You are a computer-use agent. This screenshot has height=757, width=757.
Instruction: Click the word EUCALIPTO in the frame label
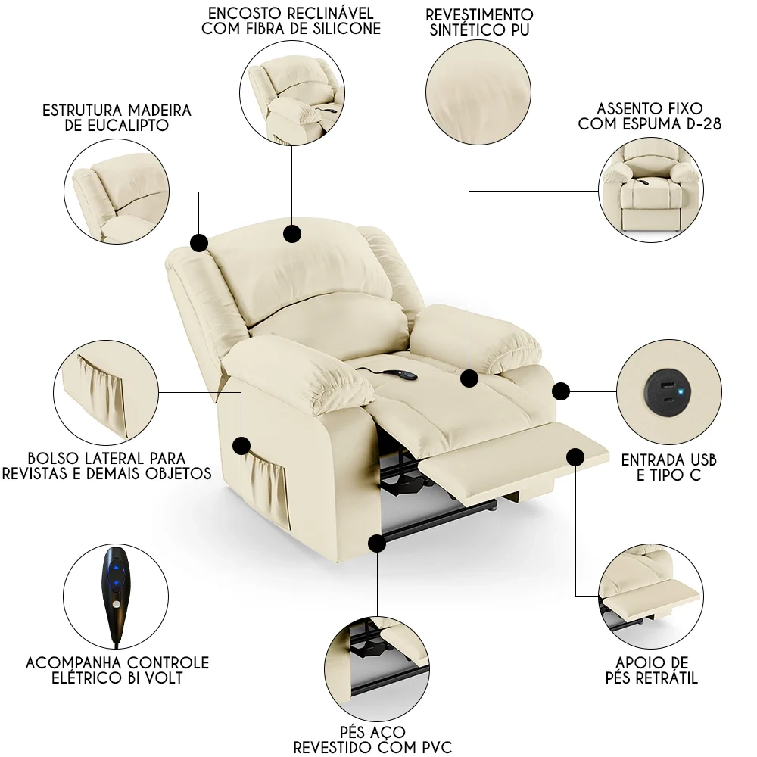click(128, 126)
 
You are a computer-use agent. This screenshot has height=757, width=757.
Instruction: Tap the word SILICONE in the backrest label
click(347, 29)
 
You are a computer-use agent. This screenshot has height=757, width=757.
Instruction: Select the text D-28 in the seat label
click(703, 124)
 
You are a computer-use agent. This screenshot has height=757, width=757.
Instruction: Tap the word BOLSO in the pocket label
click(52, 458)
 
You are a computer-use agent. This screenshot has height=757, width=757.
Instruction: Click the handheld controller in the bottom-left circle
click(116, 595)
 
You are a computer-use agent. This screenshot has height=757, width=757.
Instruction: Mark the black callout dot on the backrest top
click(292, 234)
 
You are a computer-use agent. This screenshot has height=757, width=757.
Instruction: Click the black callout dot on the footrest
click(575, 456)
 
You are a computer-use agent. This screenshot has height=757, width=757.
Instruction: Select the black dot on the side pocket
click(241, 445)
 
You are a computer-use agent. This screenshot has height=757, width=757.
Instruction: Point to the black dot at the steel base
click(376, 544)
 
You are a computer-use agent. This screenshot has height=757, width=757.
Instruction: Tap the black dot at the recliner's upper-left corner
click(199, 242)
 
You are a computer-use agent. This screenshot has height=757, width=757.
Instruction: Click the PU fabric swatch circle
click(478, 92)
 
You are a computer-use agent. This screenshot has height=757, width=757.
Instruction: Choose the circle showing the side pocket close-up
click(106, 392)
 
